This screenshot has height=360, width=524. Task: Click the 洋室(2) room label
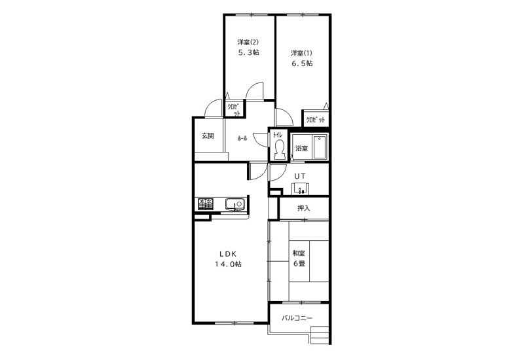(x=248, y=43)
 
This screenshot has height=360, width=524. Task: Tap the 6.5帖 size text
(x=302, y=63)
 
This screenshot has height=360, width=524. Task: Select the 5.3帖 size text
(x=248, y=52)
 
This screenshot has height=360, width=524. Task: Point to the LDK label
(x=228, y=253)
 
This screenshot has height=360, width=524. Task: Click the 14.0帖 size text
(x=228, y=264)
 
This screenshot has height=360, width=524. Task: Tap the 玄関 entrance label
(x=208, y=136)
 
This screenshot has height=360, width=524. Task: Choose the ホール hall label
(x=242, y=138)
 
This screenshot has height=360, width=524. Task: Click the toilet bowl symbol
(x=279, y=149)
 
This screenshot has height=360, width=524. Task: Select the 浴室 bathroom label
(x=302, y=149)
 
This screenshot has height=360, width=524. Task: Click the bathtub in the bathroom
(x=320, y=147)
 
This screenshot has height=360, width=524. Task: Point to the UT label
(x=299, y=175)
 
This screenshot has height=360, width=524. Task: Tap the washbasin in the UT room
(x=301, y=189)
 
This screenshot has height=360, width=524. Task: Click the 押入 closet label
(x=304, y=208)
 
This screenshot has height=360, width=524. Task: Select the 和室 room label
(x=299, y=253)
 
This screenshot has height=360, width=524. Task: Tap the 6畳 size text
(x=299, y=264)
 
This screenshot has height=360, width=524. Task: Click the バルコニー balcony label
(x=297, y=317)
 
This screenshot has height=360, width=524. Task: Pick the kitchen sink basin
(x=235, y=204)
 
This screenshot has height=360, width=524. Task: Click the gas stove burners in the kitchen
(x=205, y=204)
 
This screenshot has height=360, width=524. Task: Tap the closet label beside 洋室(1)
(x=316, y=120)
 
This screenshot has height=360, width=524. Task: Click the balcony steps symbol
(x=320, y=334)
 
